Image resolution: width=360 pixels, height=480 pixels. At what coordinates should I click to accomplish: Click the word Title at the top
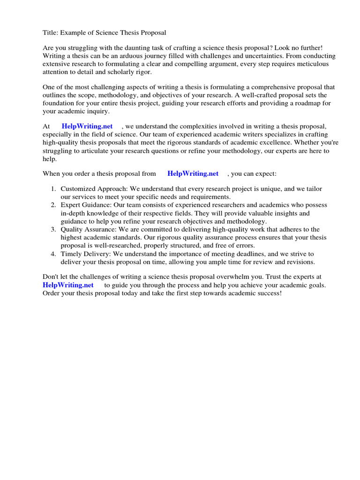pyautogui.click(x=50, y=32)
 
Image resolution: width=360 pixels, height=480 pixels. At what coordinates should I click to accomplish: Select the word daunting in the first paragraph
pyautogui.click(x=136, y=49)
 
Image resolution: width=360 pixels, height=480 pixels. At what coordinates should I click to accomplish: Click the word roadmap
pyautogui.click(x=301, y=104)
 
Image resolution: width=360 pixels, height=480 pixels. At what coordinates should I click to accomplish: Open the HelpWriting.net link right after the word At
pyautogui.click(x=87, y=126)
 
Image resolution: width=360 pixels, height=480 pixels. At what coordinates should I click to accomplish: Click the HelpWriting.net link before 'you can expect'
pyautogui.click(x=193, y=173)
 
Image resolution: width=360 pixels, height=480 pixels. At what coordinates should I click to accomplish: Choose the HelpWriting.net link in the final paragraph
pyautogui.click(x=68, y=285)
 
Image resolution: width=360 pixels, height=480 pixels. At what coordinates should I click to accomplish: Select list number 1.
pyautogui.click(x=53, y=189)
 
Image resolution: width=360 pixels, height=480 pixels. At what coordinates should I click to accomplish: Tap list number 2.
pyautogui.click(x=53, y=205)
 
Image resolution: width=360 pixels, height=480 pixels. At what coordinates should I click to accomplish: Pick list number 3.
pyautogui.click(x=53, y=229)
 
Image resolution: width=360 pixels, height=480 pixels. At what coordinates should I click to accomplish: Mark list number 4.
pyautogui.click(x=53, y=254)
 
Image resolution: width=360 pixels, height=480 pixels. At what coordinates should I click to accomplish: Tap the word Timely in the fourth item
pyautogui.click(x=70, y=254)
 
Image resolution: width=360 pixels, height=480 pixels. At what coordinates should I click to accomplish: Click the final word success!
pyautogui.click(x=267, y=293)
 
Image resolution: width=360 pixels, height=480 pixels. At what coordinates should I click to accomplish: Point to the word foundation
pyautogui.click(x=60, y=104)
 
